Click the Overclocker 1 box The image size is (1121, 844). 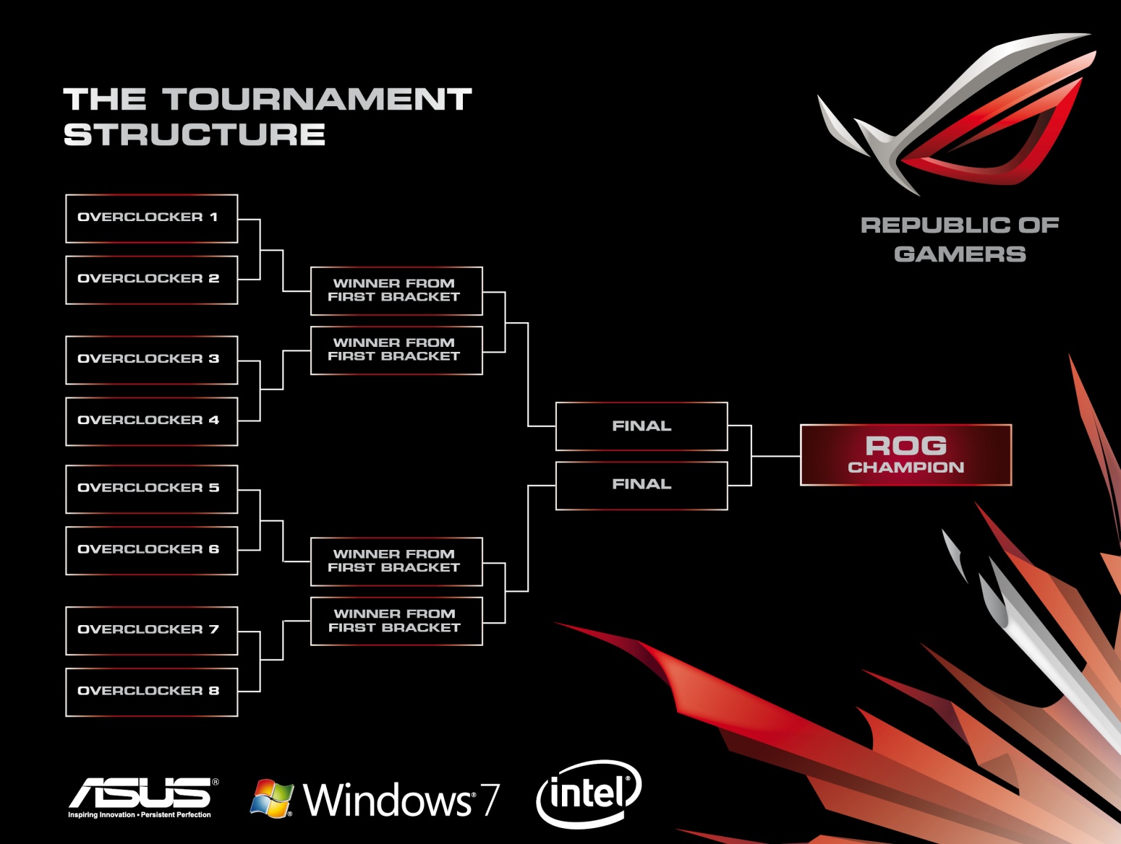151,218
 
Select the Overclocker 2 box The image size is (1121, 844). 151,280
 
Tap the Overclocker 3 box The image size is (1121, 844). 151,360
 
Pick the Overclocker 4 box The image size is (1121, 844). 151,421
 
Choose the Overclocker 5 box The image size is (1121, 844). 151,489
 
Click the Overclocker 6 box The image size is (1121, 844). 151,551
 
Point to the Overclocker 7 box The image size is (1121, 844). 151,631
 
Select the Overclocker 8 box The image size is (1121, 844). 151,692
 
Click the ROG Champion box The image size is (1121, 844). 905,455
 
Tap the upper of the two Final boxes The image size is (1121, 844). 642,426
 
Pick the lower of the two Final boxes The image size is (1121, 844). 642,486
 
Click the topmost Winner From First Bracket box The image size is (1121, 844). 396,291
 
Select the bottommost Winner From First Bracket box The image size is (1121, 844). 396,621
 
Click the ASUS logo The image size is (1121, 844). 142,795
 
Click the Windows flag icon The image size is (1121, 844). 271,798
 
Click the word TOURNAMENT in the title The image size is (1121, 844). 317,100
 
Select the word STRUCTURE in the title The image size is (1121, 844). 195,135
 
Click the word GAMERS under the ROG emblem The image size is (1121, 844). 960,254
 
